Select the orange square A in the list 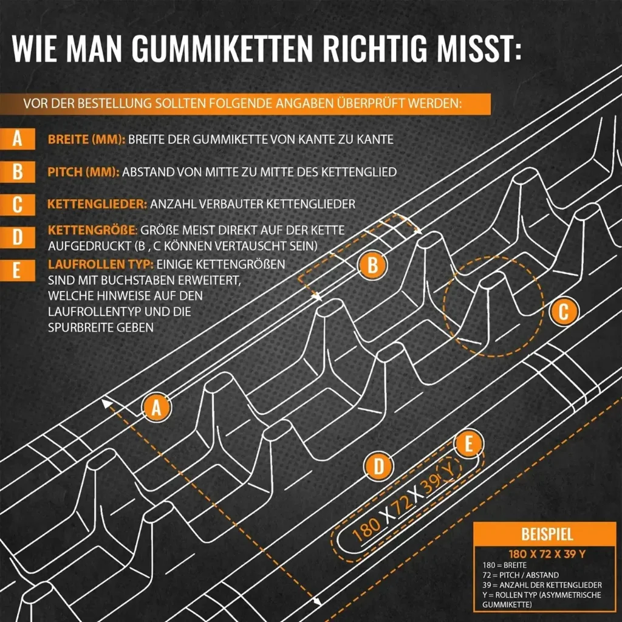click(x=18, y=139)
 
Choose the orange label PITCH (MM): click(x=83, y=173)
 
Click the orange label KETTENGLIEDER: click(x=97, y=204)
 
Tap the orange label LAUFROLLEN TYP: click(x=101, y=265)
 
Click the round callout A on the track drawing click(x=157, y=408)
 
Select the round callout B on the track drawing click(x=372, y=265)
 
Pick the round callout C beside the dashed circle click(x=564, y=312)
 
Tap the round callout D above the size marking click(x=378, y=467)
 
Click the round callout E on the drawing click(x=468, y=444)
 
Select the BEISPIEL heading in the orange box click(x=547, y=535)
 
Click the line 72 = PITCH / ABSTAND click(x=521, y=575)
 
